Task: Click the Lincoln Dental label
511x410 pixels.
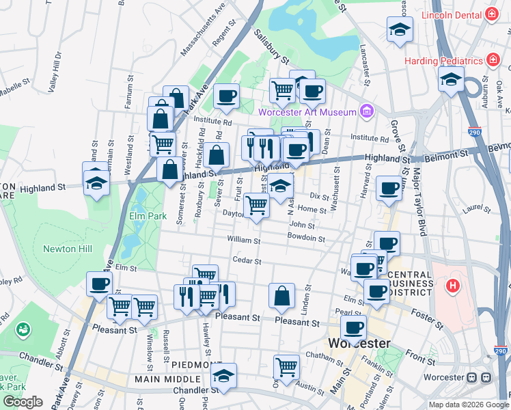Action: point(452,15)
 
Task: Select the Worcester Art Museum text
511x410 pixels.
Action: point(307,112)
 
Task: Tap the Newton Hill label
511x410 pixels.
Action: point(68,249)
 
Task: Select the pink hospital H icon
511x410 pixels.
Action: point(452,285)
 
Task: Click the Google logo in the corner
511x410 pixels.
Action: point(23,402)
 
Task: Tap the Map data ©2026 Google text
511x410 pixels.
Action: point(468,405)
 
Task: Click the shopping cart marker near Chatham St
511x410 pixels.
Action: point(286,367)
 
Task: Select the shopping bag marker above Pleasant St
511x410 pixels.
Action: point(281,297)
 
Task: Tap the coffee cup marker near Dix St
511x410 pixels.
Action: point(389,188)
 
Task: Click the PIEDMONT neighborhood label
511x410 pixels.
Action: point(197,365)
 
